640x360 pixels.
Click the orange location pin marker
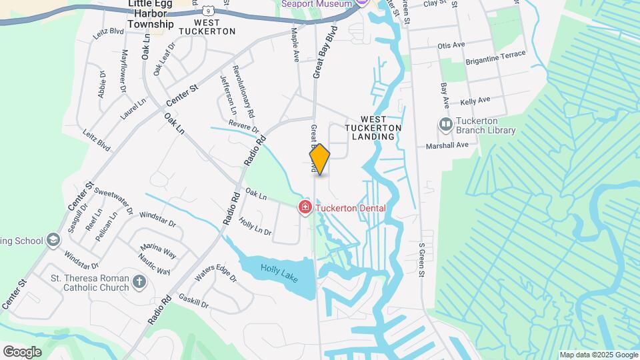click(320, 159)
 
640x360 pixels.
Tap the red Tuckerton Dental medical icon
click(305, 208)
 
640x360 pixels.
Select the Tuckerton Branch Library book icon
click(445, 125)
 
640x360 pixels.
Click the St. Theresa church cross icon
click(139, 282)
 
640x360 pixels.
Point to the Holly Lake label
click(279, 270)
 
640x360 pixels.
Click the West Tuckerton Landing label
click(373, 127)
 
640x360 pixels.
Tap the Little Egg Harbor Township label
click(151, 14)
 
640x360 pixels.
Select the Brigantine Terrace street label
click(497, 58)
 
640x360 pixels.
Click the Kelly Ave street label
click(475, 101)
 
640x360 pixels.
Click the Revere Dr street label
click(243, 125)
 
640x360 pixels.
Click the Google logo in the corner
click(22, 351)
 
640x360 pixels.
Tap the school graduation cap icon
click(53, 240)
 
